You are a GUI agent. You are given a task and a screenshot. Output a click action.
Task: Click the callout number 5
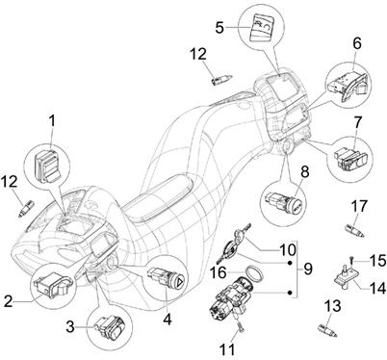219,27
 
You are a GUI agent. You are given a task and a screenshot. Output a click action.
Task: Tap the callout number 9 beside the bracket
307,269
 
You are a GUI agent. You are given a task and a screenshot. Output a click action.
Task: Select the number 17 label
359,206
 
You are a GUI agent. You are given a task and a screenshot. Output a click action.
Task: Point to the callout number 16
218,273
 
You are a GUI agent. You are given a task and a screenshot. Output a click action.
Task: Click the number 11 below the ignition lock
227,349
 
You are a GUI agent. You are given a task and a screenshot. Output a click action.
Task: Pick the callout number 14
377,288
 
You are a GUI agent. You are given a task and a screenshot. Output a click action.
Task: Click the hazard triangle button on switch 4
180,282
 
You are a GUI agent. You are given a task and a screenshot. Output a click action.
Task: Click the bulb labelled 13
327,331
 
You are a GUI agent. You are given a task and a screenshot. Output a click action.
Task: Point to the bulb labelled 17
354,231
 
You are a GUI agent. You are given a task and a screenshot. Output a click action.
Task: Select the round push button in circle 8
296,206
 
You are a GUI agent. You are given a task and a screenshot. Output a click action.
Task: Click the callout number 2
9,302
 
